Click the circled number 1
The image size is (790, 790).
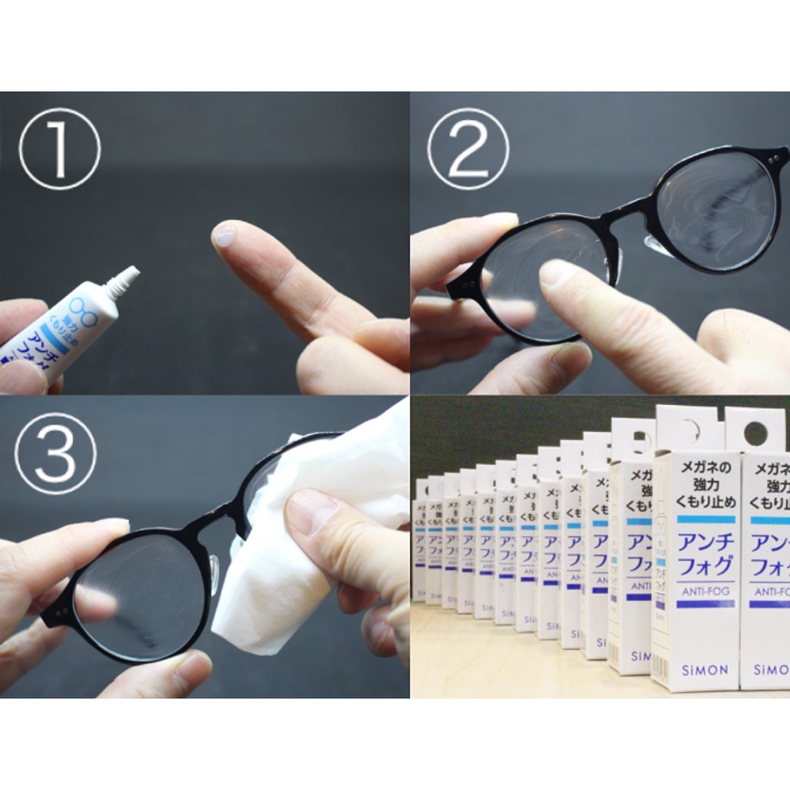[x=59, y=149]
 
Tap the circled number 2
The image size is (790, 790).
[x=468, y=149]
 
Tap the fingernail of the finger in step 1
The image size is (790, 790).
[x=225, y=234]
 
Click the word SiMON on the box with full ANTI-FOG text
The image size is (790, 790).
[x=705, y=670]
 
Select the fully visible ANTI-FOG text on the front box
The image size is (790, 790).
[x=705, y=592]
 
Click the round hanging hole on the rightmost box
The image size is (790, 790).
[x=755, y=434]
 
